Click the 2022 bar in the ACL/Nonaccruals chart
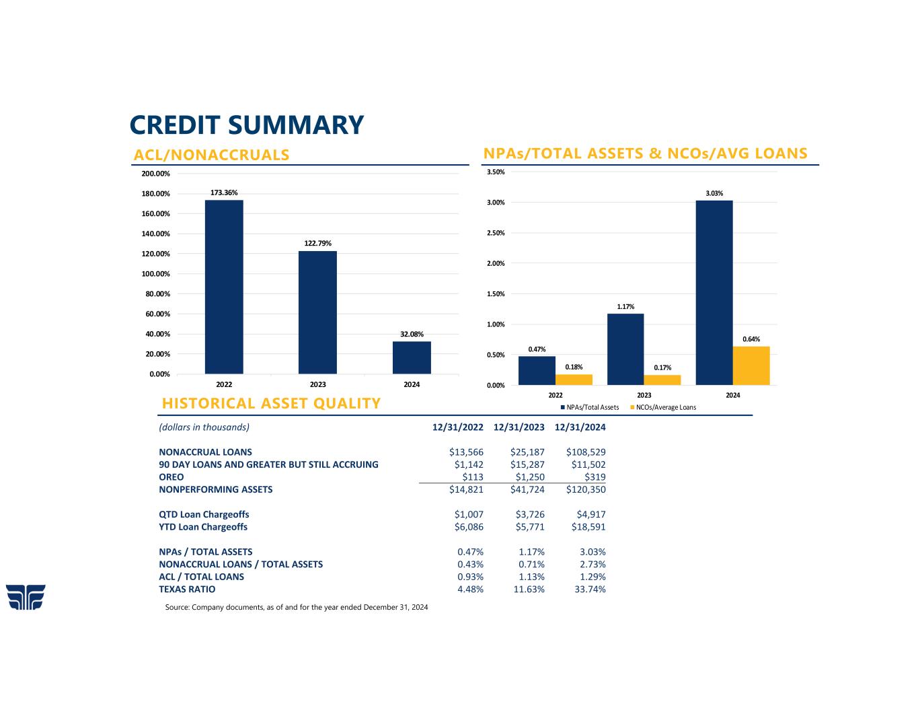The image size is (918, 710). coord(224,287)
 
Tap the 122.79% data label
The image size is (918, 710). coord(317,243)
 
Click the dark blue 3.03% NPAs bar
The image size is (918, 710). coord(714,293)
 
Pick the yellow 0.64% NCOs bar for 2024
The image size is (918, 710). coord(751,365)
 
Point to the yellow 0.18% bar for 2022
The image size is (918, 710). coord(574,380)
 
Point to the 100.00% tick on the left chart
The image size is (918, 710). coord(155,274)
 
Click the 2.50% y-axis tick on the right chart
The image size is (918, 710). coord(495,233)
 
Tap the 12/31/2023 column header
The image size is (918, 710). coord(519,427)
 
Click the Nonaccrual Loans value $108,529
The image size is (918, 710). coord(586,452)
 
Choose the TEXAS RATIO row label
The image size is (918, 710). coord(187,589)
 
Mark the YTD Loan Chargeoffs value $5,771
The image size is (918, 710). coord(530,527)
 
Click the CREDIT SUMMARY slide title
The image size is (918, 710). coord(246,125)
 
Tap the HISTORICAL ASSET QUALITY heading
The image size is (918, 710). coord(271,403)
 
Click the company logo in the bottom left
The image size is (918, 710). coord(26,597)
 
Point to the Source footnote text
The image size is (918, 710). coord(296,607)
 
